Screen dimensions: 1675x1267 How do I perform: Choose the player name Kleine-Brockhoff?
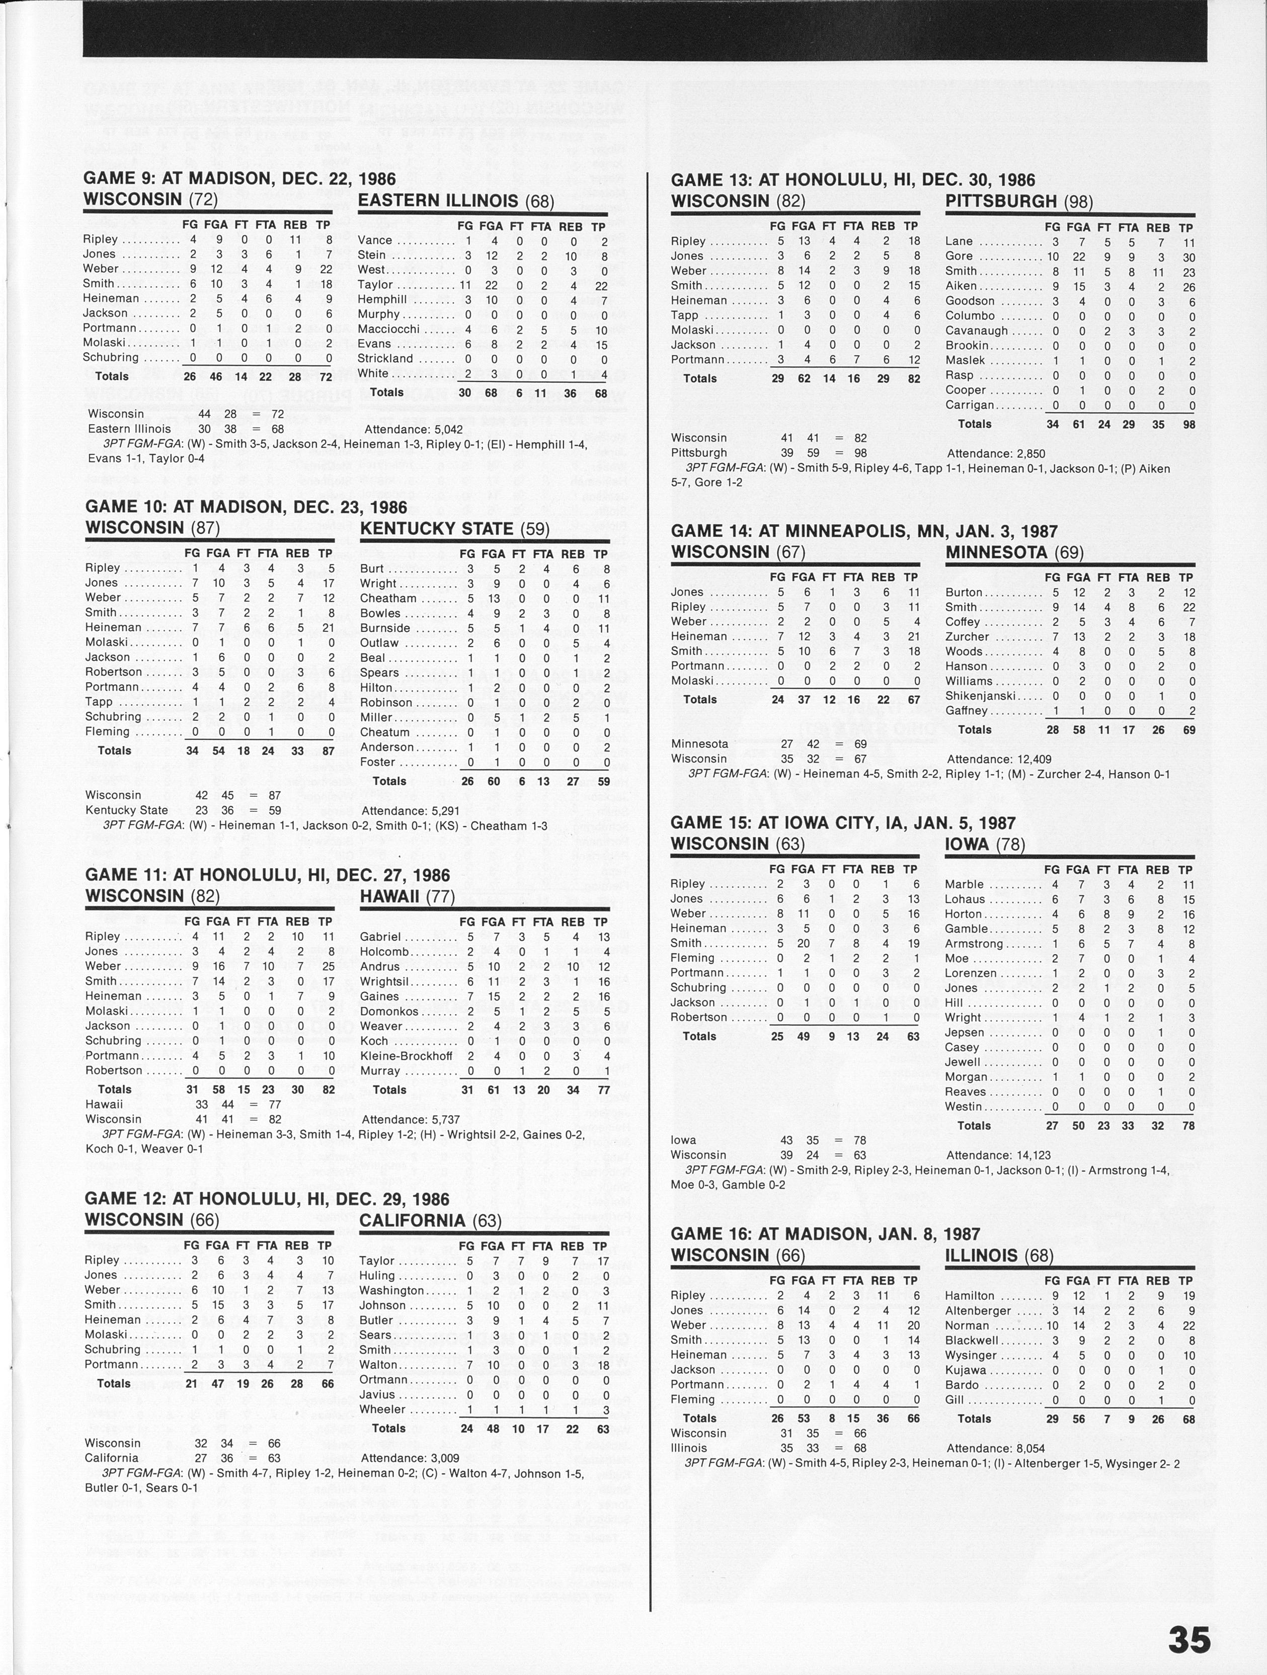(406, 1056)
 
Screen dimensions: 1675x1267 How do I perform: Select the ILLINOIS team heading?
(999, 1255)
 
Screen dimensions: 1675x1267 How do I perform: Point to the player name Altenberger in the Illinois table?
(978, 1311)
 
